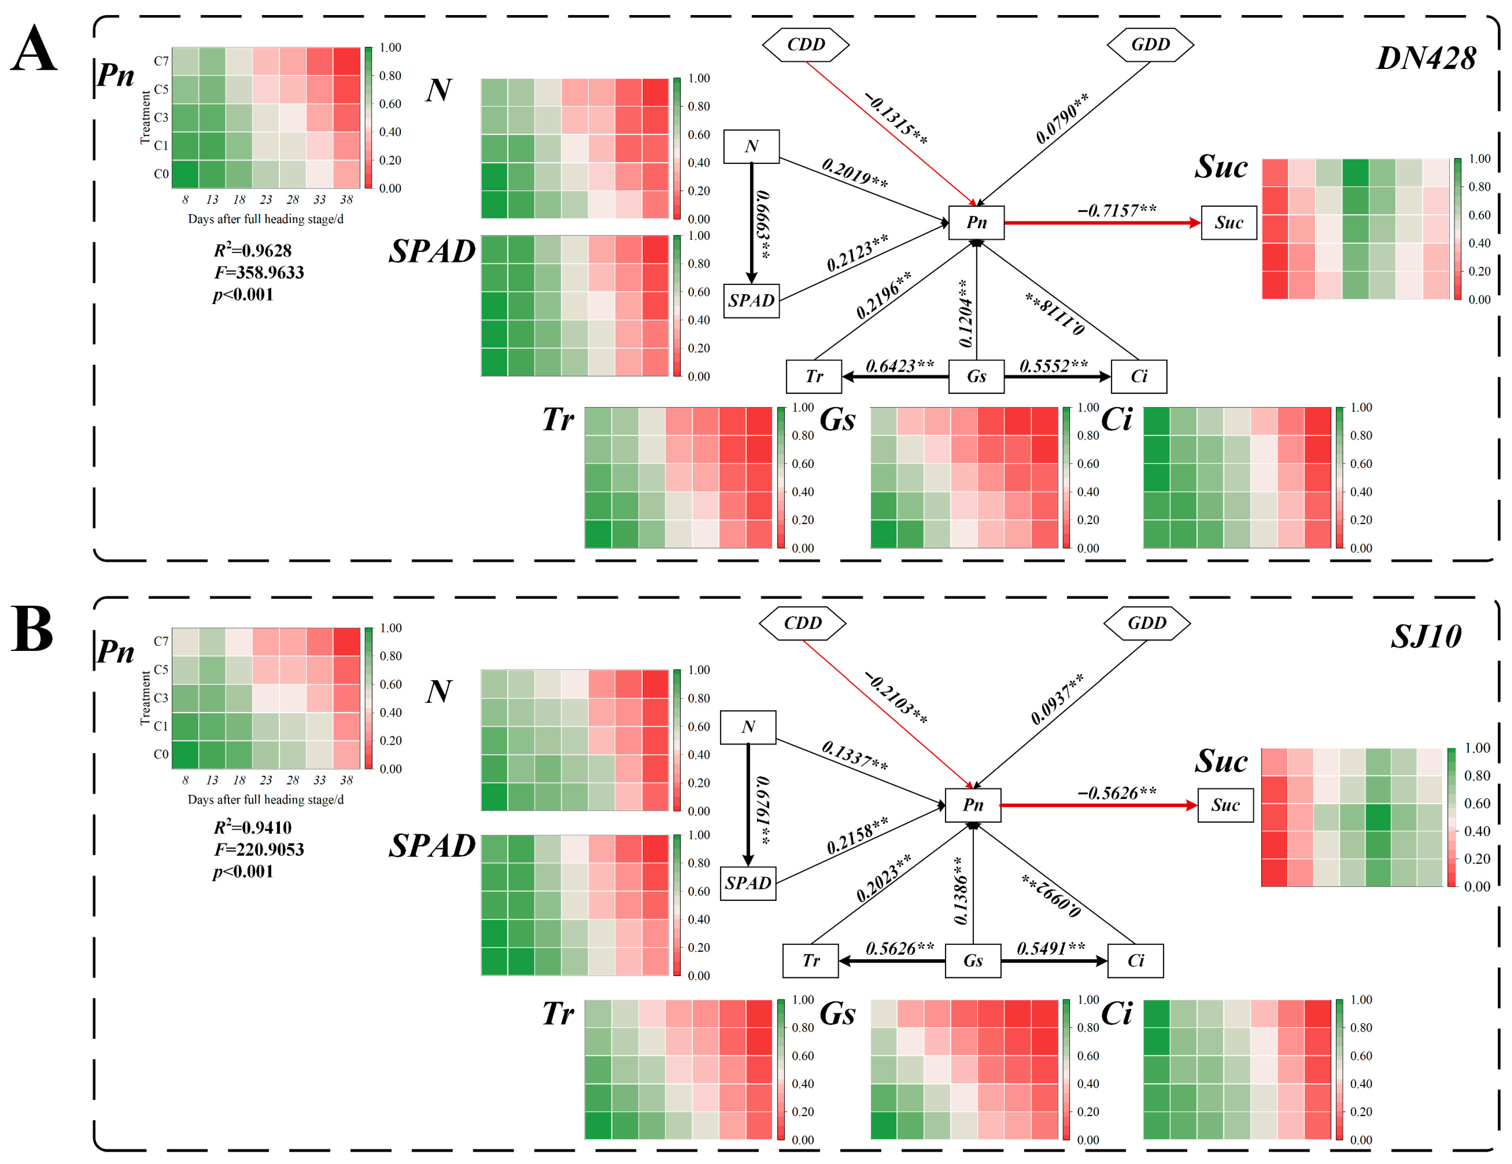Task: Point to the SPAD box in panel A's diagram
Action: coord(751,301)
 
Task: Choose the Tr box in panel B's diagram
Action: coord(811,960)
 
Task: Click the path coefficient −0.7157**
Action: coord(1116,210)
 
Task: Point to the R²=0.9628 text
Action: coord(253,250)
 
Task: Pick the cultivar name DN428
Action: coord(1426,58)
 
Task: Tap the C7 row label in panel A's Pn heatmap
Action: coord(161,61)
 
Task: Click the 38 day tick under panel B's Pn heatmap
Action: coord(346,780)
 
